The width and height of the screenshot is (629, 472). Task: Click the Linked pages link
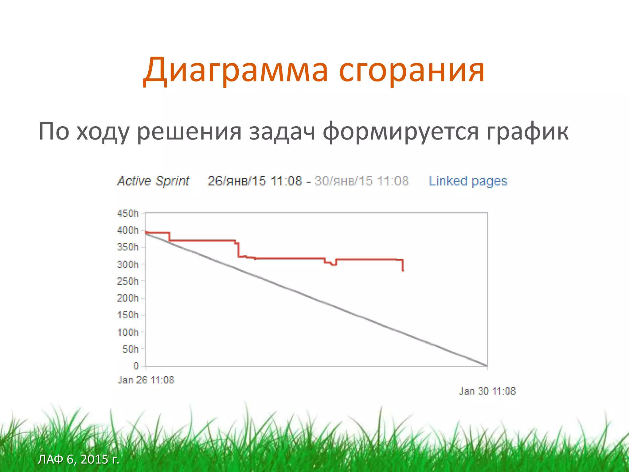pos(468,181)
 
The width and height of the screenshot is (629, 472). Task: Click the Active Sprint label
pos(153,181)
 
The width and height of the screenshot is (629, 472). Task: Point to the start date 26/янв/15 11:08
pos(255,181)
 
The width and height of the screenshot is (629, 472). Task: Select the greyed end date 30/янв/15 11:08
pos(361,181)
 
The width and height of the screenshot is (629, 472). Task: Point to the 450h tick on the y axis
pos(128,213)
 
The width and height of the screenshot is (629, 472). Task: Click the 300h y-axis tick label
pos(128,264)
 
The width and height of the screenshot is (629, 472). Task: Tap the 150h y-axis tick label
pos(128,315)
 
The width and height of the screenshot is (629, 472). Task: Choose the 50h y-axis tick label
pos(131,349)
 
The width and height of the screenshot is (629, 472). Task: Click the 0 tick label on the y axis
pos(136,366)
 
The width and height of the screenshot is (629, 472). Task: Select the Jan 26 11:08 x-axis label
pos(146,380)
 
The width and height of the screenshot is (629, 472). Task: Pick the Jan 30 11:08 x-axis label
pos(487,391)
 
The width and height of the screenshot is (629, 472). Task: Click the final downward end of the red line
pos(403,269)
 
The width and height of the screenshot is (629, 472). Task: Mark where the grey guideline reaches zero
pos(487,365)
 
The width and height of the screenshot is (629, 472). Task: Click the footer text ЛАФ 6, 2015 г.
pos(78,459)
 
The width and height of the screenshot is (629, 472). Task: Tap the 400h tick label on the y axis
pos(128,230)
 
